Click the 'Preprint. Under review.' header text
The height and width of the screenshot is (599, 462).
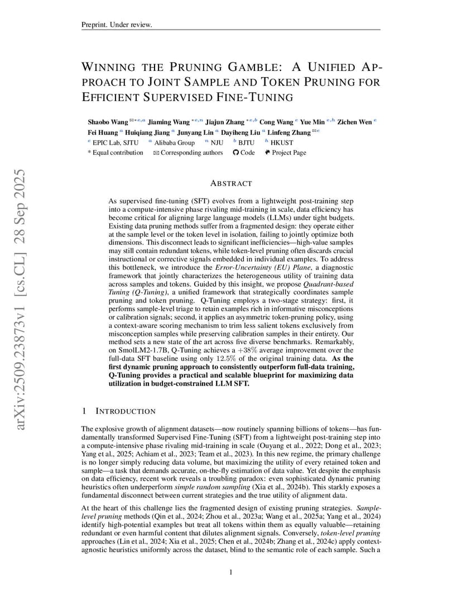[117, 25]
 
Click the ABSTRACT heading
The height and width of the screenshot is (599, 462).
[231, 183]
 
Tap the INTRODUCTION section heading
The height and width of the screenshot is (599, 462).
[126, 411]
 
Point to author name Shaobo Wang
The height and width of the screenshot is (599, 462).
[108, 121]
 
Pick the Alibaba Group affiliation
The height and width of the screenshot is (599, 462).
[175, 142]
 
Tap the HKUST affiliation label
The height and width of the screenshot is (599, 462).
[281, 142]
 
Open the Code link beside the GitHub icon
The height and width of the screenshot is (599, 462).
[247, 153]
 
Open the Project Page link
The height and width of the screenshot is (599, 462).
[288, 153]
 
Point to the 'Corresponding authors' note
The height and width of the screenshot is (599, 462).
[191, 153]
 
